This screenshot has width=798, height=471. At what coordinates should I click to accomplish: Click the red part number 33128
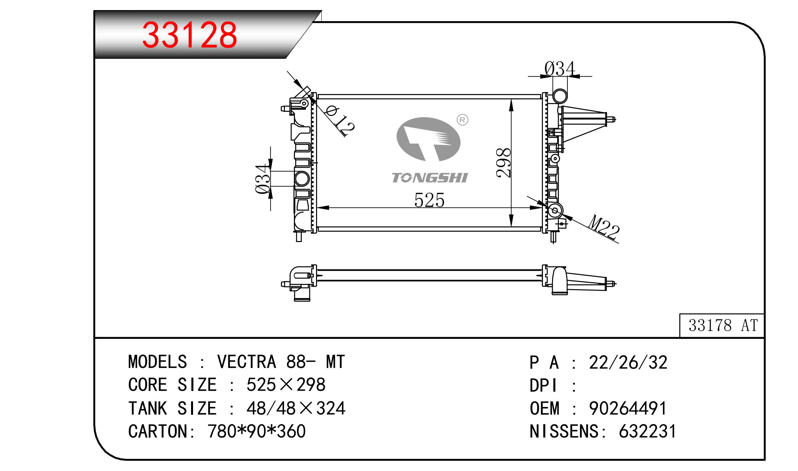click(190, 35)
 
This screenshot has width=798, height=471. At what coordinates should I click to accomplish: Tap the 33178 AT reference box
click(722, 325)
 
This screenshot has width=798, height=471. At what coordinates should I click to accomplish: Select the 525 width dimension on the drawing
click(429, 200)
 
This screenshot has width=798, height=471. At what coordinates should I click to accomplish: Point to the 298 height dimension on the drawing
click(503, 163)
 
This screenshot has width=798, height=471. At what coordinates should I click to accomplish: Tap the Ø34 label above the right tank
click(559, 69)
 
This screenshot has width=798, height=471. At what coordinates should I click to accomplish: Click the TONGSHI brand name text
click(429, 178)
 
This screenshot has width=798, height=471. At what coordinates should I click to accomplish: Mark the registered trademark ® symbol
click(463, 120)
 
